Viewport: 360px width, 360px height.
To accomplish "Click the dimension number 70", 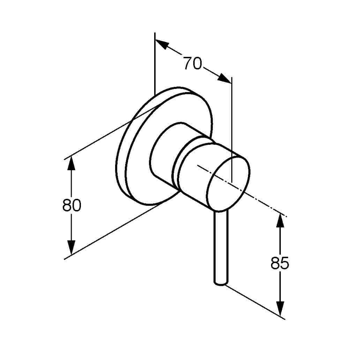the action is click(193, 63).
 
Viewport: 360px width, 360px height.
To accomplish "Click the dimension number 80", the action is click(72, 205).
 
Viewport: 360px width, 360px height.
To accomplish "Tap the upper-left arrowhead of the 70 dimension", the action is click(162, 44).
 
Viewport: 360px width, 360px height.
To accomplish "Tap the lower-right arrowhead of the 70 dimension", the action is click(224, 78).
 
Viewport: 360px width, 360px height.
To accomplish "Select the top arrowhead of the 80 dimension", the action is click(72, 163).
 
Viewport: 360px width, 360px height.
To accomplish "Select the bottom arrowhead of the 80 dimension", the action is click(72, 248).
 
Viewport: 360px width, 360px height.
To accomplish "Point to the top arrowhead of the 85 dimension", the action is click(280, 220).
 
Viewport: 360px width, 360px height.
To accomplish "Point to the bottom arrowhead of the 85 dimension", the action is click(280, 308).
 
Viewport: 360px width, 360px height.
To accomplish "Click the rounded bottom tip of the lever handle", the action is click(221, 284).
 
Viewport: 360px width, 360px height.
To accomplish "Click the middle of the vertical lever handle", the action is click(221, 247).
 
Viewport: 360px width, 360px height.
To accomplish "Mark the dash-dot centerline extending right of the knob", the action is click(242, 190).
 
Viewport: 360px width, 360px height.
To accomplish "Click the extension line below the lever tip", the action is click(255, 302).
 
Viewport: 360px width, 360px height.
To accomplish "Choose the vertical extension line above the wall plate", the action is click(155, 63).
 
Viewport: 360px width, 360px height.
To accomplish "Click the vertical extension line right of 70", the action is click(232, 130).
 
